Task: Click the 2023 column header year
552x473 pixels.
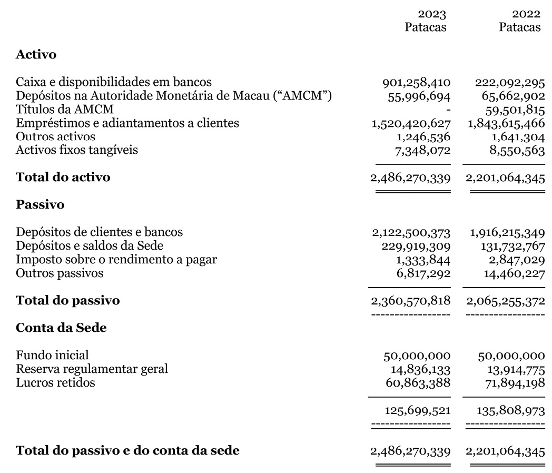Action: point(432,14)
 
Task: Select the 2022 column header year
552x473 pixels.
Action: point(526,14)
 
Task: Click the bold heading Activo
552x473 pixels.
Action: point(36,54)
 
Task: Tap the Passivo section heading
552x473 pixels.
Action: point(40,205)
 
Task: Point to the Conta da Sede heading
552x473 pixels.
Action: point(61,328)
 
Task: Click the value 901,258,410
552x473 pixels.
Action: point(416,82)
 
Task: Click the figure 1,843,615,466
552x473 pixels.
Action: point(506,123)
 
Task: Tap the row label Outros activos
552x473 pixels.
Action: point(56,137)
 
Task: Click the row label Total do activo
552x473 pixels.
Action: point(63,178)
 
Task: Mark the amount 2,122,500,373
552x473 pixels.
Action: point(411,232)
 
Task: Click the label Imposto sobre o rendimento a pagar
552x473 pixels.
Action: point(116,260)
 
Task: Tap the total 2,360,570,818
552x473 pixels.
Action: point(411,301)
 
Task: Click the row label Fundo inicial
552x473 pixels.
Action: point(53,356)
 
